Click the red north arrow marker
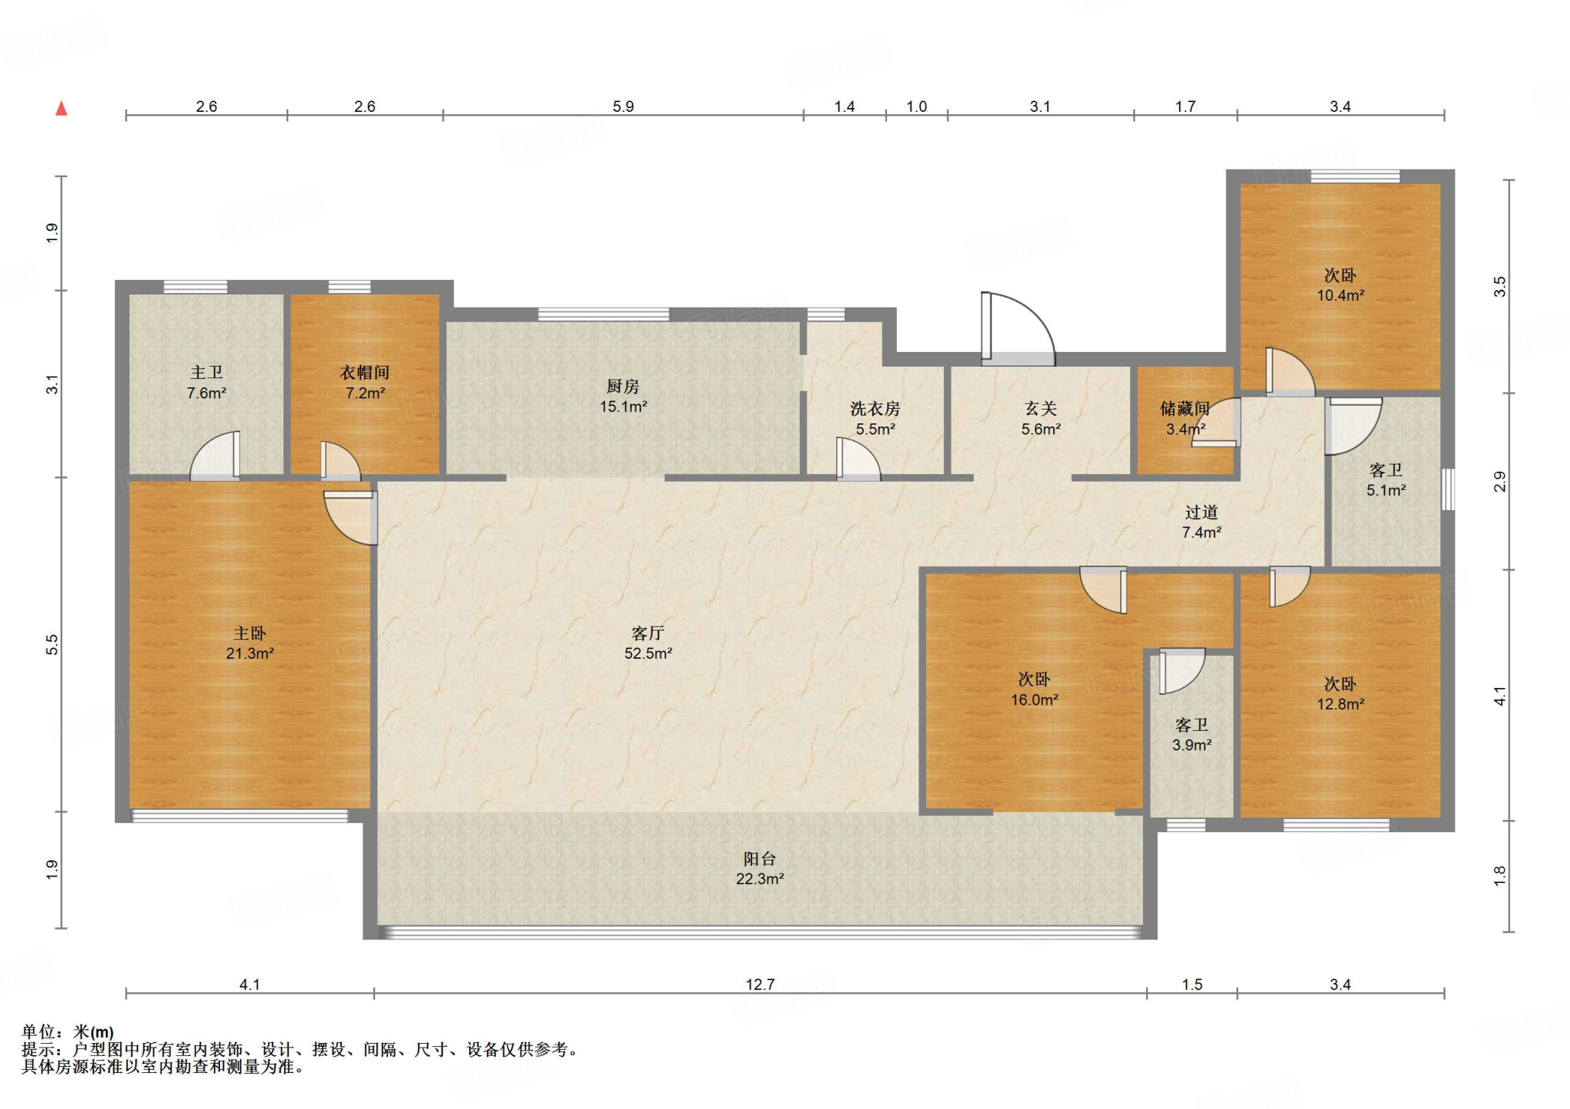point(61,108)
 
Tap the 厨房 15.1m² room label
point(623,396)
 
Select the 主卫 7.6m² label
point(206,382)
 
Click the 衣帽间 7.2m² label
point(365,382)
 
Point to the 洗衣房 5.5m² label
point(875,419)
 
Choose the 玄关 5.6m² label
point(1040,419)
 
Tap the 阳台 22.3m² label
point(760,868)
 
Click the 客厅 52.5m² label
point(648,643)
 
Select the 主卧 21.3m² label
point(250,643)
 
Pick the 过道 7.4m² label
point(1201,522)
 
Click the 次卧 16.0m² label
point(1034,689)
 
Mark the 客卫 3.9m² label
point(1191,734)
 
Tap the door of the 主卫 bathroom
point(215,456)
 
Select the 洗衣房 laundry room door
point(858,459)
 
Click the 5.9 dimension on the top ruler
point(623,107)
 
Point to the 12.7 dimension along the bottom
point(760,984)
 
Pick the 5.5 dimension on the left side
point(52,644)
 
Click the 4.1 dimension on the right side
point(1499,696)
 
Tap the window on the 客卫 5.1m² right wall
point(1448,489)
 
